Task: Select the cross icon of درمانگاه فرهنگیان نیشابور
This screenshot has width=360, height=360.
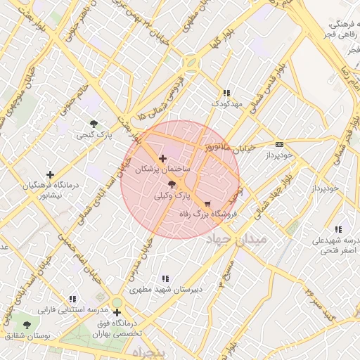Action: coord(50,174)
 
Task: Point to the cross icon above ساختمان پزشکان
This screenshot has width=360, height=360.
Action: coord(163,159)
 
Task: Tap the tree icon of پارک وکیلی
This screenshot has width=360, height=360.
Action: coord(173,184)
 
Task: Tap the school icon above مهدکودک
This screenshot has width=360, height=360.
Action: coord(226,93)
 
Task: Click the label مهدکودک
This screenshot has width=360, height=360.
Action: coord(226,103)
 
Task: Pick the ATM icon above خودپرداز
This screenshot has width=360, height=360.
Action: coord(280,143)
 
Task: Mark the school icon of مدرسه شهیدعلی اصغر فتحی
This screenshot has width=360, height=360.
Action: coord(339,229)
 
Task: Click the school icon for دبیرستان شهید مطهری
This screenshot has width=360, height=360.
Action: coord(165,278)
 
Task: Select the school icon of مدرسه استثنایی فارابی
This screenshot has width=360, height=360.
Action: coord(72,299)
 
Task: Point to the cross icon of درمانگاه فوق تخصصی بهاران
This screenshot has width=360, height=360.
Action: coord(117,312)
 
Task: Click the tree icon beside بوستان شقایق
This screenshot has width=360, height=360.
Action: coord(27,325)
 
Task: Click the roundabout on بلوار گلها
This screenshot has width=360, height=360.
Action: coord(191,63)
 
